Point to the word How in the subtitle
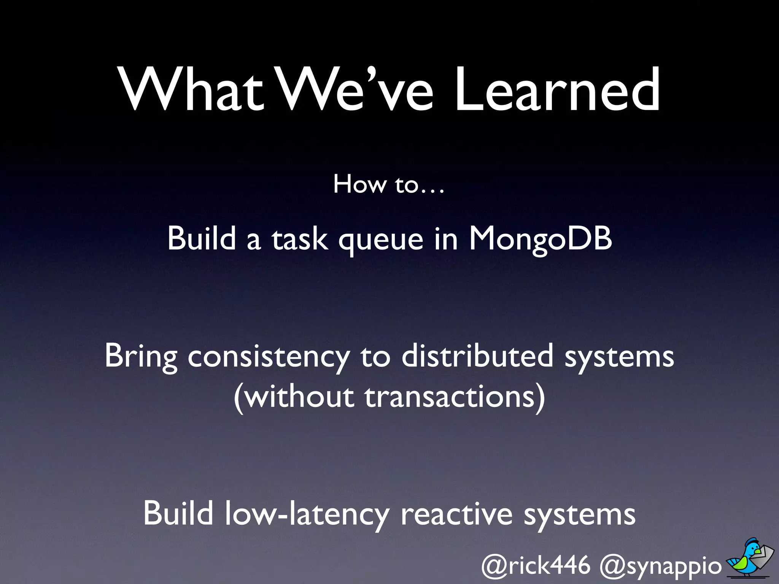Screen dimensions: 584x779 pos(359,184)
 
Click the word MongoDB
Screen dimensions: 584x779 pos(540,239)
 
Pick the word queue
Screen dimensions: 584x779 pos(381,240)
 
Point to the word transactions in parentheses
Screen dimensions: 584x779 pos(455,397)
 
